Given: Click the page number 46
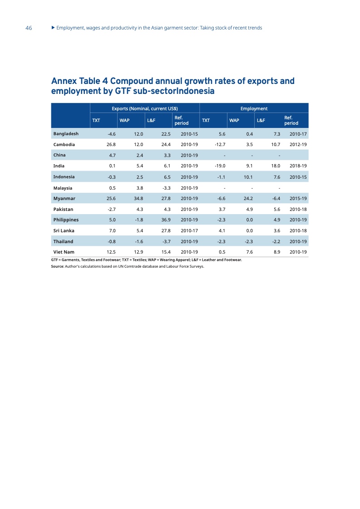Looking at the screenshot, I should tap(29, 28).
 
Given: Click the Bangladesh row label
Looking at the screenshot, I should tap(66, 134).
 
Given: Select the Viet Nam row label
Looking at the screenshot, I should tap(64, 252).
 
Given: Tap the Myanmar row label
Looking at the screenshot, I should tap(64, 199).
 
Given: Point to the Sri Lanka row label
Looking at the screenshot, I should tap(64, 230).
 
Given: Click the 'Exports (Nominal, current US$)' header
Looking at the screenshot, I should tap(144, 108).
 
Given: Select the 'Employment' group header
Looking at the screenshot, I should tap(254, 108).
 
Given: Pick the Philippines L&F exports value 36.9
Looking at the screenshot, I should tap(164, 220).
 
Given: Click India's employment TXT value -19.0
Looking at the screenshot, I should tap(220, 166).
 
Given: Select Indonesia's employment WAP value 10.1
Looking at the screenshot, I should tap(248, 177).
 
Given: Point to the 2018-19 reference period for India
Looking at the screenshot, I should tap(298, 166).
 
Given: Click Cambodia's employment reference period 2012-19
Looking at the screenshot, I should tap(298, 145).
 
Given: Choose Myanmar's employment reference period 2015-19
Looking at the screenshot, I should tap(298, 199).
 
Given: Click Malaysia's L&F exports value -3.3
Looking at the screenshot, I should tap(165, 188).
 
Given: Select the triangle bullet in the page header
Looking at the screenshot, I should tap(53, 28).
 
